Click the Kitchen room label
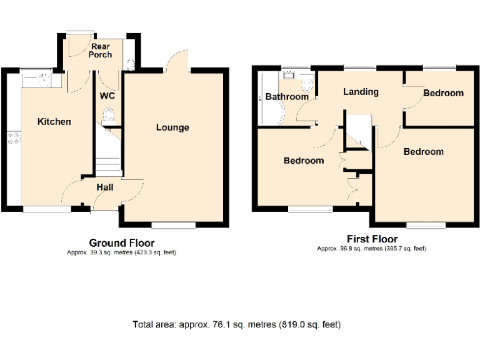[54, 122]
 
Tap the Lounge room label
[172, 127]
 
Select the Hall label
[104, 187]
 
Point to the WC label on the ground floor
[106, 96]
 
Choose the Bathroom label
[287, 97]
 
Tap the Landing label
[361, 92]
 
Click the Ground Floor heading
[122, 243]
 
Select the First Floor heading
[372, 239]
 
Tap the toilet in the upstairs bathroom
[307, 83]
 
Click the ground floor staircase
[108, 153]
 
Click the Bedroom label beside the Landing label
[443, 93]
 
